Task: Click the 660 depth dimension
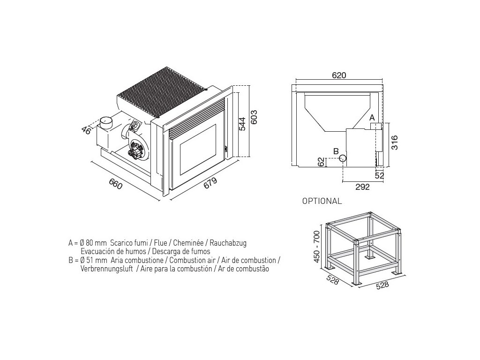[x=116, y=183]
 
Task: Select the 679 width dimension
[x=210, y=183]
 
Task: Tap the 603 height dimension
[x=254, y=117]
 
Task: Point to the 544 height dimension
[x=242, y=124]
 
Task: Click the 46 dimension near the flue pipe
[x=86, y=130]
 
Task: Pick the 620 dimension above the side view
[x=339, y=75]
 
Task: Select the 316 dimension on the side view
[x=395, y=142]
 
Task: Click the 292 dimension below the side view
[x=363, y=187]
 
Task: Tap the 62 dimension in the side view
[x=321, y=162]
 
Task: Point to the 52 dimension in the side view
[x=379, y=175]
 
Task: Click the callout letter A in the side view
[x=372, y=118]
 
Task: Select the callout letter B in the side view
[x=336, y=151]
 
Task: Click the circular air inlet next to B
[x=342, y=158]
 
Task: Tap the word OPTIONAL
[x=322, y=201]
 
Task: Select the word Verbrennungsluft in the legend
[x=107, y=269]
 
